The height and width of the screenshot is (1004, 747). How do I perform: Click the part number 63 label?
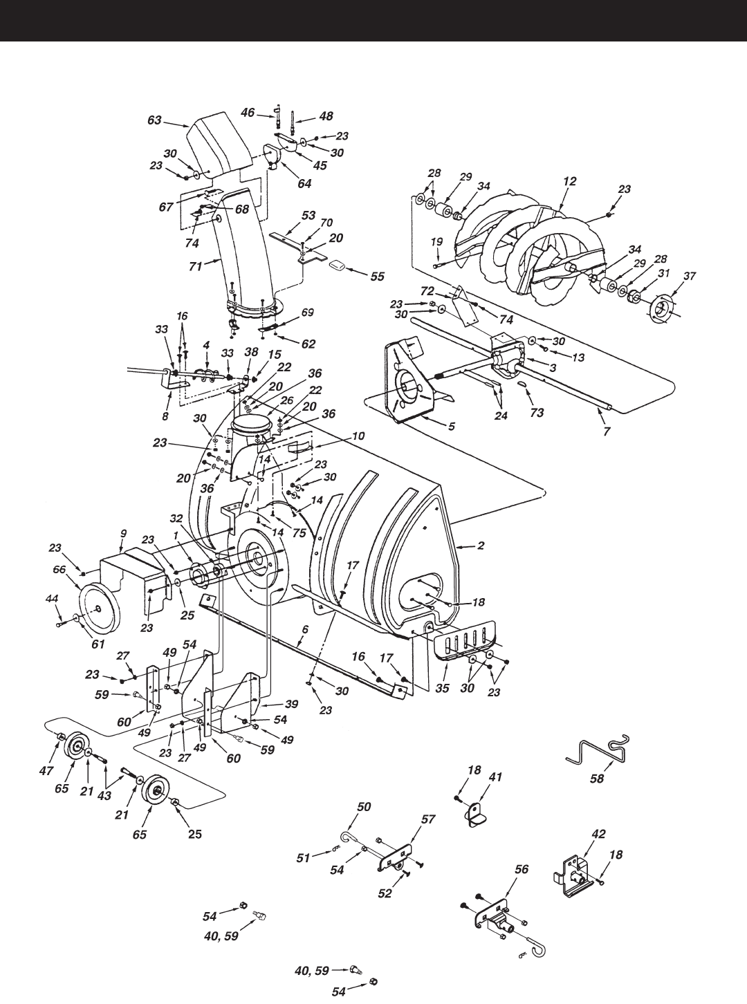(154, 120)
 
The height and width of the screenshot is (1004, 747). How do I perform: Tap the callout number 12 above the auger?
(569, 180)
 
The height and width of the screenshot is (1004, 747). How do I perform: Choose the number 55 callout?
(376, 276)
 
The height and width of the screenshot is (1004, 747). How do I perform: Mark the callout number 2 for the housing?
(480, 546)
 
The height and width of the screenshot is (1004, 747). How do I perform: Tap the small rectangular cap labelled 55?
(338, 266)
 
